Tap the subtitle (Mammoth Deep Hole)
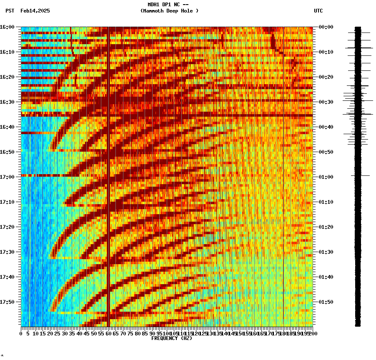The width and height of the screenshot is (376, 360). coord(169,11)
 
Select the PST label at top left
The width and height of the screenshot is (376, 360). coord(10,11)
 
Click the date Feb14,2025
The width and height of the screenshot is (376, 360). coord(35,11)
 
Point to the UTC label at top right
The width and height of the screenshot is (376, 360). coord(318,11)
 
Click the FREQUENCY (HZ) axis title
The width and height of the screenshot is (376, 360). coord(172,338)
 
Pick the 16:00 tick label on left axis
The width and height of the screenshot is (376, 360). coord(7,27)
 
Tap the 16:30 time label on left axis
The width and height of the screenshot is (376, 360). coord(7,102)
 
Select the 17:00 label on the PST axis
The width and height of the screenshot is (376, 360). coord(7,177)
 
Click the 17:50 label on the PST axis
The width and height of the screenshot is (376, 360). coord(7,302)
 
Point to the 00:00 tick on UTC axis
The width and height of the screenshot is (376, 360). coord(326,27)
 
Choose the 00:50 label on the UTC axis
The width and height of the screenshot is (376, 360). coord(326,152)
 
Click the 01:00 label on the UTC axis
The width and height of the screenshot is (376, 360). coord(326,177)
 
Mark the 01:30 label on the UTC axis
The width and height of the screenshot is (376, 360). coord(326,252)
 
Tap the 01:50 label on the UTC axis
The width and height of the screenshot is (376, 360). coord(326,302)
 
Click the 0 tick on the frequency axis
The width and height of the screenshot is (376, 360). coord(21,333)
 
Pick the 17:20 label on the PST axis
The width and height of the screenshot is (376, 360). coord(7,227)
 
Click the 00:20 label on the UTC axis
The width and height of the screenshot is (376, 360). coord(326,77)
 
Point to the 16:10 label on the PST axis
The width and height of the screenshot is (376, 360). coord(7,52)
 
